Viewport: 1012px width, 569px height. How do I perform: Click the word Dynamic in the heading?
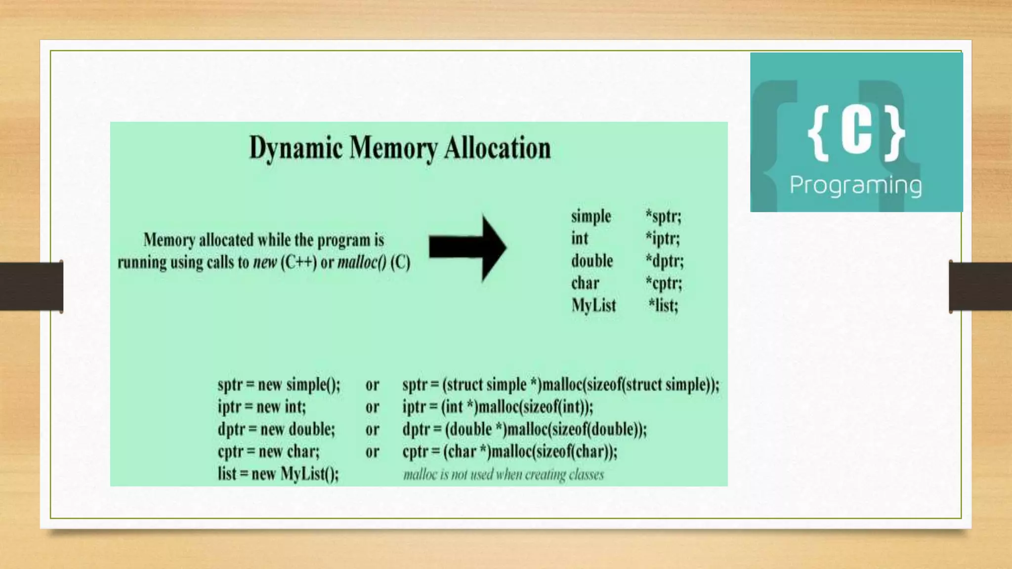[x=295, y=148]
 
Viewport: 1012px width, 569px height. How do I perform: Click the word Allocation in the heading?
[x=497, y=148]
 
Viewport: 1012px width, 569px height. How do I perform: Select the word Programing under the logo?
[x=855, y=186]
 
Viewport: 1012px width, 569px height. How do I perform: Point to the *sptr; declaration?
[x=663, y=216]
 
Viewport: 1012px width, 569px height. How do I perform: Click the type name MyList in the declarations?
[x=593, y=305]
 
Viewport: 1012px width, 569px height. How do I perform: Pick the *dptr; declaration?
[x=664, y=261]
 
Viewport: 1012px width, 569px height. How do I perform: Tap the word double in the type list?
[x=592, y=261]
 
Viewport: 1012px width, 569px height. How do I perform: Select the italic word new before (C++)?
[x=265, y=262]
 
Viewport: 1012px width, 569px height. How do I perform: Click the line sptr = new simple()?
[x=279, y=385]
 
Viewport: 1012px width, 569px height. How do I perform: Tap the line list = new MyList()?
[x=278, y=474]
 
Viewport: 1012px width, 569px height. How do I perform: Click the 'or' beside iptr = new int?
[x=372, y=407]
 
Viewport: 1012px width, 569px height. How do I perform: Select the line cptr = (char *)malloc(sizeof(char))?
[x=509, y=451]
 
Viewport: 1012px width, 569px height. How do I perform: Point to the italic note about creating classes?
[x=504, y=475]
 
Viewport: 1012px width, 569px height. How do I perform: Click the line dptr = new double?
[x=276, y=429]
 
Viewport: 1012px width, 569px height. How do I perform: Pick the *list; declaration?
[x=663, y=305]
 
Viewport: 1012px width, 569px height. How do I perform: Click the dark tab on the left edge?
[x=31, y=286]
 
